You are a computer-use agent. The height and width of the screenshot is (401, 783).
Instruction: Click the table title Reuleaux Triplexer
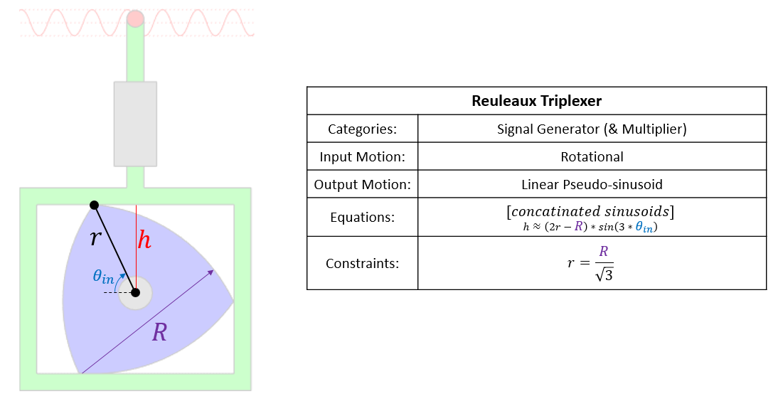click(536, 101)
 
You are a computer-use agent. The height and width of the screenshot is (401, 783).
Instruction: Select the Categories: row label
click(362, 129)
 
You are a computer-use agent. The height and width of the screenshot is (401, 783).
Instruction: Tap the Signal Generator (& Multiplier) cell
click(592, 129)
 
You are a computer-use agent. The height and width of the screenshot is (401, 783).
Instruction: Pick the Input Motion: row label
click(362, 157)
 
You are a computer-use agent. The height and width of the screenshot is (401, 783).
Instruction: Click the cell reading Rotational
click(592, 157)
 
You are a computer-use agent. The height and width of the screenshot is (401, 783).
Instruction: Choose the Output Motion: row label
click(362, 185)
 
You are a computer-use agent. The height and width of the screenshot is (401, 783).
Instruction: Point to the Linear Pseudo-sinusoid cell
click(592, 185)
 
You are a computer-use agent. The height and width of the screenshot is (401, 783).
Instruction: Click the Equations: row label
click(362, 218)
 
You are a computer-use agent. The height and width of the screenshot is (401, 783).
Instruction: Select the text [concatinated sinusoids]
click(592, 211)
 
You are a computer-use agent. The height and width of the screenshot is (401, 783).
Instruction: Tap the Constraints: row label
click(362, 263)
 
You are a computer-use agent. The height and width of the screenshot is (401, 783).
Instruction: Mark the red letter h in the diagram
click(144, 240)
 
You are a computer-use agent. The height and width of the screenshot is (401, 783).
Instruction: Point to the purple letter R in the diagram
click(159, 332)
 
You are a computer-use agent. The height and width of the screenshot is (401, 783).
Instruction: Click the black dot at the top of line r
click(94, 205)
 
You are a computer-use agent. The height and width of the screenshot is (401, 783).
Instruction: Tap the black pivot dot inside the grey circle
click(135, 292)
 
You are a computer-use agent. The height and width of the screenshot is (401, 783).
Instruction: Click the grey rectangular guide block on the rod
click(135, 124)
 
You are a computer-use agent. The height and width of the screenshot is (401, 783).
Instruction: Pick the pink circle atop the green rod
click(135, 19)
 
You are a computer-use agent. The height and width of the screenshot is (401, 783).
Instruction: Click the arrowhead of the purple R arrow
click(211, 272)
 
